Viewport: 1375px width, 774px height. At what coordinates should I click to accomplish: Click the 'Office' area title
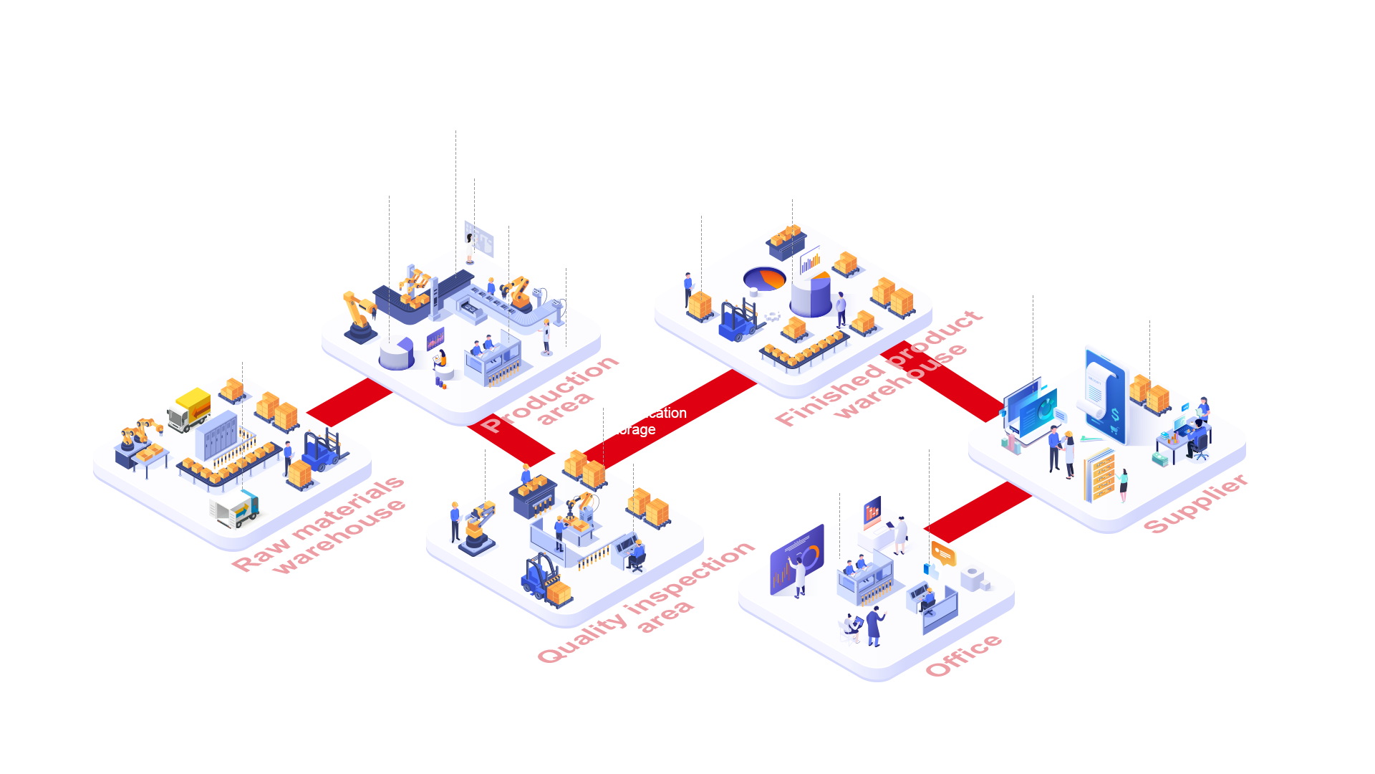point(963,655)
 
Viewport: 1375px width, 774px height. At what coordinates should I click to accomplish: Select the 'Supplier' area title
point(1195,503)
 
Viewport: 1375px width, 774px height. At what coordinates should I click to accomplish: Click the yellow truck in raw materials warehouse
point(189,408)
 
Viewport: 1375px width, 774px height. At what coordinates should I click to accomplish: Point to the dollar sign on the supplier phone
point(1114,415)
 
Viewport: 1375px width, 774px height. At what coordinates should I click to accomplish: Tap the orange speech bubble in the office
point(942,553)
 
